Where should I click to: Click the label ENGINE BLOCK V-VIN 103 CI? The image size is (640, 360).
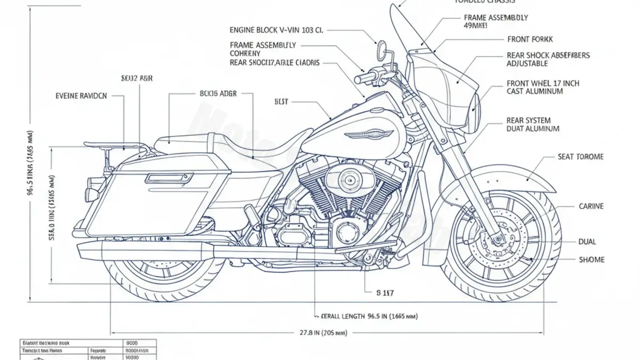276,30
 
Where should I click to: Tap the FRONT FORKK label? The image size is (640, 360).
530,39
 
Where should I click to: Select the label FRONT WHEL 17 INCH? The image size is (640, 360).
542,83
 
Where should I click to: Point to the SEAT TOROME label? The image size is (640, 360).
580,157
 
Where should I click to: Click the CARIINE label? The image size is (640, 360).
591,206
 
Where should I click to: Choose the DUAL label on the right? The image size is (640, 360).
587,242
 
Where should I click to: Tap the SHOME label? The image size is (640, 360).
591,260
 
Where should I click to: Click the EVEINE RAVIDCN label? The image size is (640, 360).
81,96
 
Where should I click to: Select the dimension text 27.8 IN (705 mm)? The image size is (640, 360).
323,333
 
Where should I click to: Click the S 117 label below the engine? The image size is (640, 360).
385,292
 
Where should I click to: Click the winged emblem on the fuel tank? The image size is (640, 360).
367,134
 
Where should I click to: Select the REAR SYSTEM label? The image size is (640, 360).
529,121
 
